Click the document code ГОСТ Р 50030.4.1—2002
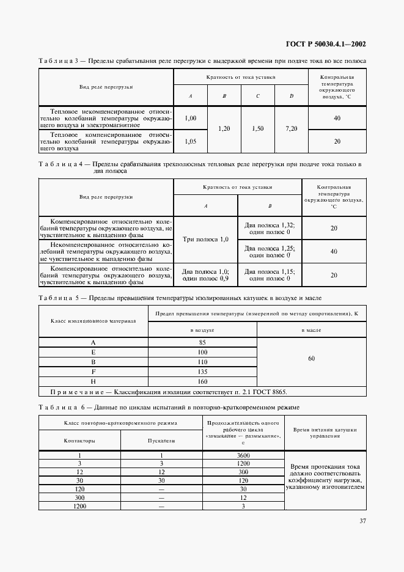pos(326,44)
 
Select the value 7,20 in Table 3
pos(292,129)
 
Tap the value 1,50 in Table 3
pos(258,129)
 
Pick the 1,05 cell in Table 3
pos(190,141)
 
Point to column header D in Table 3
pos(292,96)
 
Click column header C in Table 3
pos(258,96)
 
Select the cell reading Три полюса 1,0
pos(205,240)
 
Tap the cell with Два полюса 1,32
pos(270,228)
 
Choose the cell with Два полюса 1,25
pos(270,251)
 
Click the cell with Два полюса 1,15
pos(270,275)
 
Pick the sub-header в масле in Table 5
pos(312,330)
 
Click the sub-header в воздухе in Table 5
pos(202,330)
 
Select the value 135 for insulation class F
pos(202,372)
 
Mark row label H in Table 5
pos(93,381)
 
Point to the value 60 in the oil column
pos(312,359)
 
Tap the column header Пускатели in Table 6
pos(161,440)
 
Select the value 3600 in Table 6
pos(243,455)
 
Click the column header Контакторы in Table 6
pos(79,440)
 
